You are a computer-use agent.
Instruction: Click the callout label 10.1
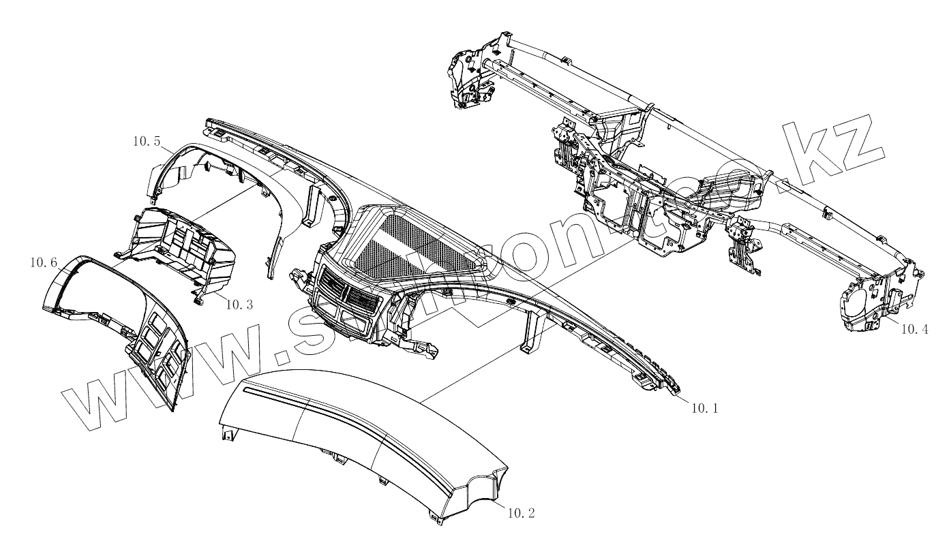click(704, 408)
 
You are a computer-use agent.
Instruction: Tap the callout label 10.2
click(522, 512)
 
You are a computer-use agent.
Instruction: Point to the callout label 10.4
click(914, 329)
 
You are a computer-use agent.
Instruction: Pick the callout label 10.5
click(146, 142)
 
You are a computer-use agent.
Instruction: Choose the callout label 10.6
click(42, 262)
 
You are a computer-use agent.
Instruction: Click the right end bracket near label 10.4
click(879, 300)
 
